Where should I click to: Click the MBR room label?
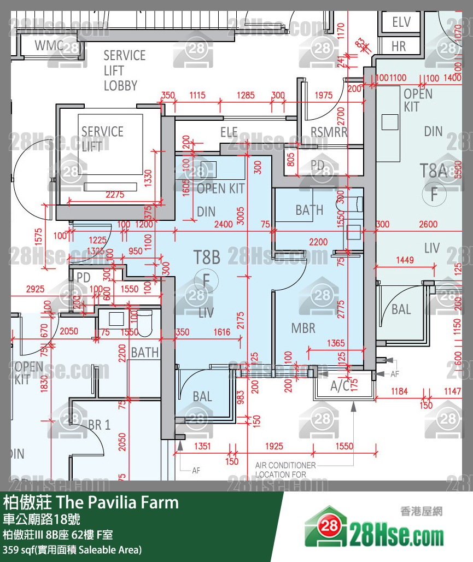point(303,328)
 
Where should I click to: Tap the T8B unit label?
point(207,257)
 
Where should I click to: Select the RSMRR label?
point(329,132)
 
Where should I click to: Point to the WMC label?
point(49,45)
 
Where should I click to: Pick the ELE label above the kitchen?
point(229,132)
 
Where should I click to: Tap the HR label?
point(399,47)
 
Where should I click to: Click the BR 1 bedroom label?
point(99,425)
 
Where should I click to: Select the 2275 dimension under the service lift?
point(115,194)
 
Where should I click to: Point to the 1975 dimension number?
point(324,95)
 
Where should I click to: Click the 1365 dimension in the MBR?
point(336,343)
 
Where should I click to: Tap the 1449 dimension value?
point(404,261)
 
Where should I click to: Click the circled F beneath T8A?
point(434,194)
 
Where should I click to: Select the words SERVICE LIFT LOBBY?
point(124,71)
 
